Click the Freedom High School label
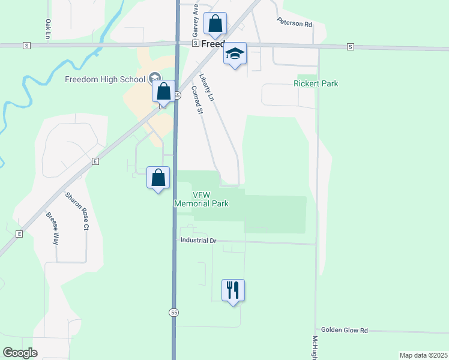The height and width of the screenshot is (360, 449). (x=105, y=79)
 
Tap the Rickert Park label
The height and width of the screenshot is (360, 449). (x=316, y=83)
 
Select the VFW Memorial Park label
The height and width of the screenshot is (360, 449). (x=201, y=199)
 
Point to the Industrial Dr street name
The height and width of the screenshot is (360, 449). (x=198, y=240)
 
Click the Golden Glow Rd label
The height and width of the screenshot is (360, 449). (x=344, y=330)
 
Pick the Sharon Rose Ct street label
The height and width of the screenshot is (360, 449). (x=77, y=211)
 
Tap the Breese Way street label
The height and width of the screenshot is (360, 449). (x=52, y=228)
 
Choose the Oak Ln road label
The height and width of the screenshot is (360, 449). (x=48, y=29)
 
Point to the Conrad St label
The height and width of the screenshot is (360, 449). (x=197, y=100)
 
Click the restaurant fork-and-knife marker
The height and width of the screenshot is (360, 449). (x=233, y=290)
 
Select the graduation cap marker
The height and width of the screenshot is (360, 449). (x=235, y=53)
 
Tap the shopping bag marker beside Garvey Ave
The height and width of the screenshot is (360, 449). (x=215, y=24)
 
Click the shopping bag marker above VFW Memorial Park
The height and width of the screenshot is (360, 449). (x=158, y=178)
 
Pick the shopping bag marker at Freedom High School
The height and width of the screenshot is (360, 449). (x=163, y=92)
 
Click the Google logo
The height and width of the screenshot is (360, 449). (x=20, y=353)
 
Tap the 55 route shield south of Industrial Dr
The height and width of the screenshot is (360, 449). (x=173, y=313)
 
